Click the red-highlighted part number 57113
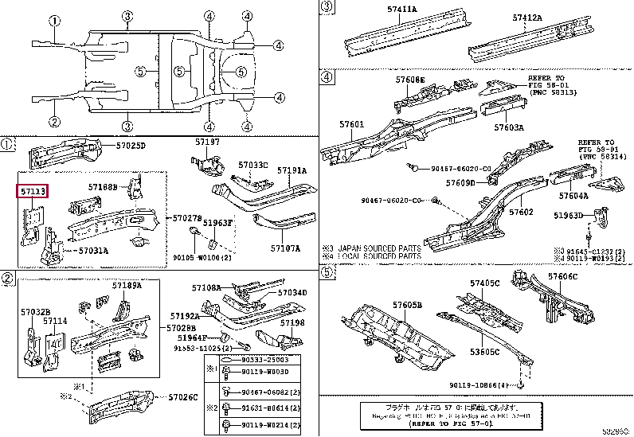[33, 192]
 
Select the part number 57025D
[131, 146]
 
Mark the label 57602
[521, 213]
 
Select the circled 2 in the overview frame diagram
[54, 122]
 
